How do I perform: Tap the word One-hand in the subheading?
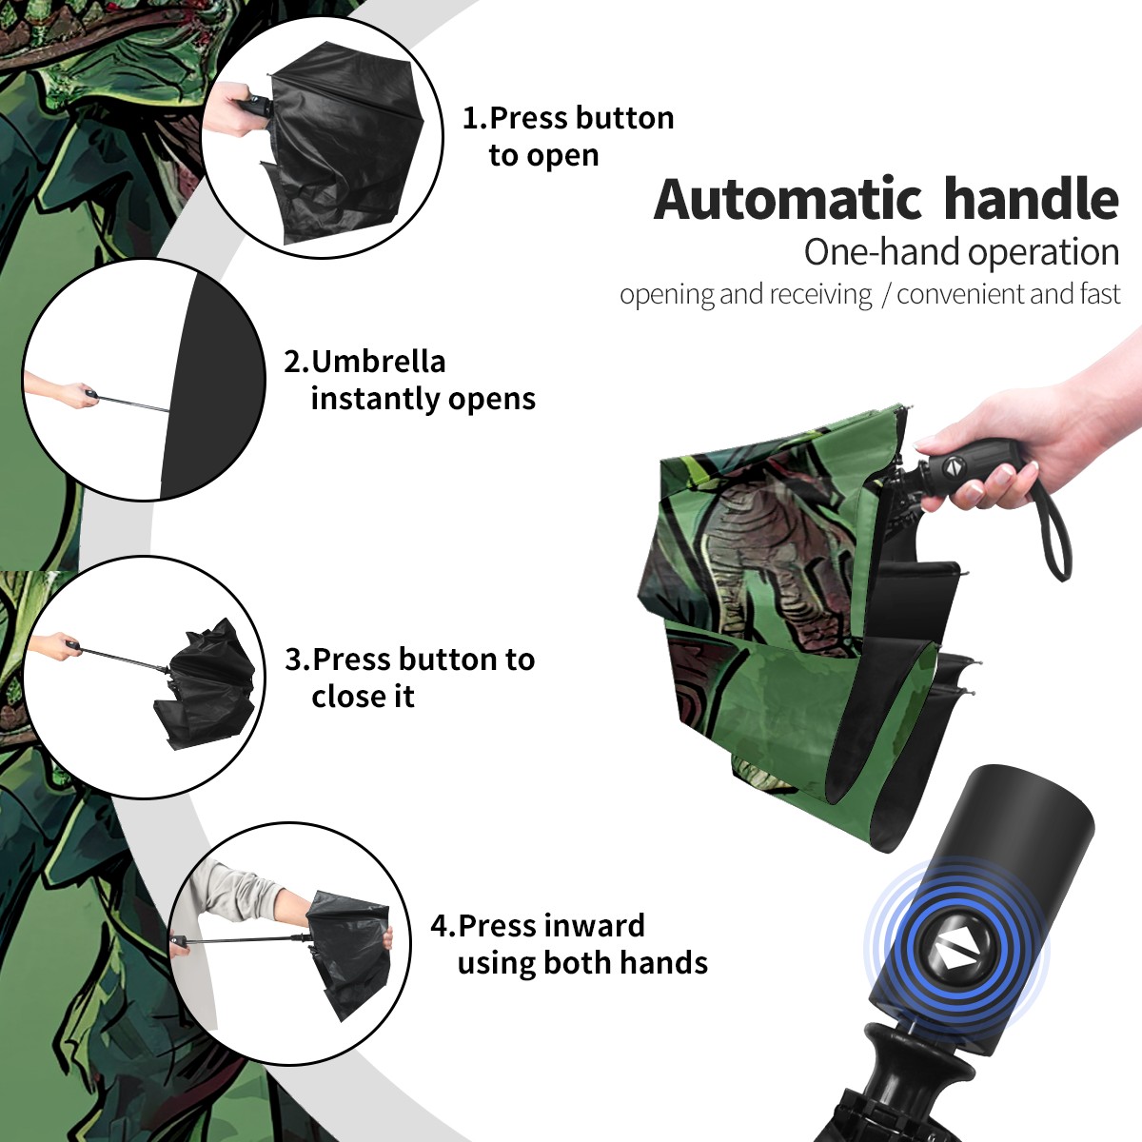pyautogui.click(x=883, y=252)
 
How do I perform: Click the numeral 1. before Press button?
pyautogui.click(x=474, y=118)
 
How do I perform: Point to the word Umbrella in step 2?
pyautogui.click(x=378, y=362)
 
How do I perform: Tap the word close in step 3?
pyautogui.click(x=344, y=696)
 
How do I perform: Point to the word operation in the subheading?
pyautogui.click(x=1044, y=253)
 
